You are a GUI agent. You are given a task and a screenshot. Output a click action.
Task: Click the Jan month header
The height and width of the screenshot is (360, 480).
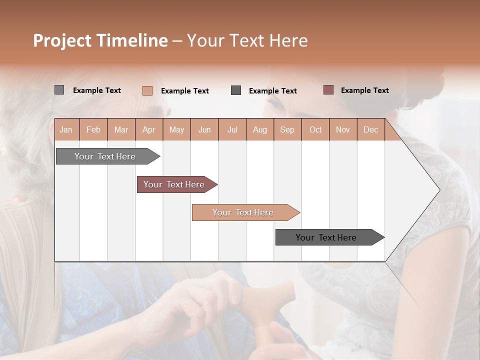point(66,129)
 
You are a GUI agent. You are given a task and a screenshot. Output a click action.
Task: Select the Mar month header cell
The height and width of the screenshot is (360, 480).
point(121,129)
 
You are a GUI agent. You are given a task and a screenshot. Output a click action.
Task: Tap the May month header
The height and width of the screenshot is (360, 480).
point(176,129)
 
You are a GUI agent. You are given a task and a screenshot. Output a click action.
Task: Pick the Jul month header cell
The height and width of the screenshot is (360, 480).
point(232,129)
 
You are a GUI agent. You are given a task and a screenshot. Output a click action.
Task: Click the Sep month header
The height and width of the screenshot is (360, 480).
point(287,129)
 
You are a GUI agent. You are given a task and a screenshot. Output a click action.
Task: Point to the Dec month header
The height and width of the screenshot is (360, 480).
point(370,129)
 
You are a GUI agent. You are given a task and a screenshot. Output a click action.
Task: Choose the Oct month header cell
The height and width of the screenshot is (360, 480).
point(315,129)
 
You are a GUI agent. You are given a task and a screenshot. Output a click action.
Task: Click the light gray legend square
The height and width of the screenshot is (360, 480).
point(59,90)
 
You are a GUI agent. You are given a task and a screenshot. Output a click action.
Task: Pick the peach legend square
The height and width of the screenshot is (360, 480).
point(147,90)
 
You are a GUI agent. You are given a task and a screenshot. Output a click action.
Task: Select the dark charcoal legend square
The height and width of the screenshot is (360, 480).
point(236,90)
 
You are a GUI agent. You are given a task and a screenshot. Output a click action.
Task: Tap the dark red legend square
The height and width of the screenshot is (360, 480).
point(328,90)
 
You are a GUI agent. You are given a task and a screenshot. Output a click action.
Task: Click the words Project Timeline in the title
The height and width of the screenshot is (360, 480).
point(100,40)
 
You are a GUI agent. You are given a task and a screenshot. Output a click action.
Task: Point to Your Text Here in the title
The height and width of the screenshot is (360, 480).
point(247,40)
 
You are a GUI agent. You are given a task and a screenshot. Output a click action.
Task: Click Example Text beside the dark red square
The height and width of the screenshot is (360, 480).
point(364,90)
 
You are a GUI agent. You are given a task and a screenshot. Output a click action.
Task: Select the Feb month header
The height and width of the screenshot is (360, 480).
point(93,129)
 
